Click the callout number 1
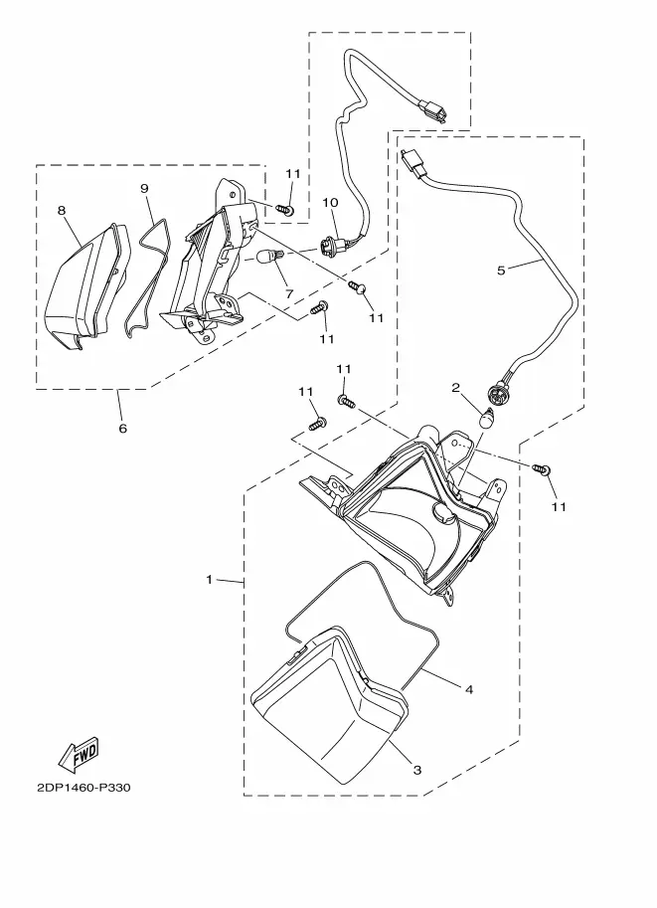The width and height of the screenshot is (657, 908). pos(210,579)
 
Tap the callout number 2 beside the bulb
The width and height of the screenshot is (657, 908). pos(455,388)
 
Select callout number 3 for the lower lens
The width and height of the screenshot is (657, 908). pos(416,770)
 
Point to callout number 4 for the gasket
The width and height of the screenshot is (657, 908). pos(469,689)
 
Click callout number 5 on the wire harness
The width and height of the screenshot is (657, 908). pos(501,270)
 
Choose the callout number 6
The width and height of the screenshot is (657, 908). pos(122,429)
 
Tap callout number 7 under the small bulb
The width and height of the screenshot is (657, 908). pos(289,294)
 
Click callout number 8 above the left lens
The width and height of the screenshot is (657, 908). pos(62,210)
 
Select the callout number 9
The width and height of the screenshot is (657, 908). pos(144,188)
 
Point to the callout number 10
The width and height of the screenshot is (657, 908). pos(330,202)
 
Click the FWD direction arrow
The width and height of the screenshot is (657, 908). pos(80,755)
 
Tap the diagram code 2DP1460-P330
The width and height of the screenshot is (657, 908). pos(83,788)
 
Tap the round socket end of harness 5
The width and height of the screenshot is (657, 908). pos(496,394)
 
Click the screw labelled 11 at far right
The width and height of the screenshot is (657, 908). pos(542,468)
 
